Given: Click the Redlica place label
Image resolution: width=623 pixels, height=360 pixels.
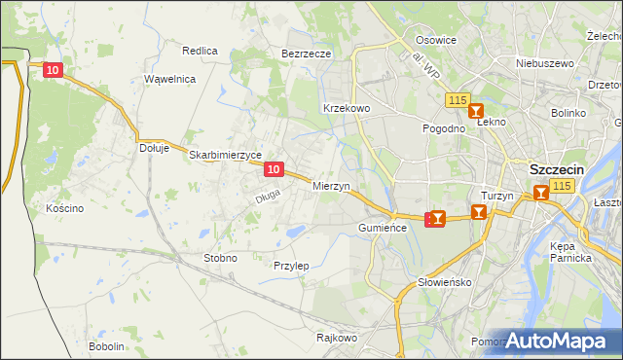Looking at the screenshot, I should (200, 50).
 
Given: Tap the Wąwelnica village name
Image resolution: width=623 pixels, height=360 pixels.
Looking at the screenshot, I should (170, 79).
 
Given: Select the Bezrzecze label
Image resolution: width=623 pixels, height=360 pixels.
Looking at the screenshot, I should (307, 54).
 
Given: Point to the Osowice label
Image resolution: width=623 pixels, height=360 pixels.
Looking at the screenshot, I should (436, 40).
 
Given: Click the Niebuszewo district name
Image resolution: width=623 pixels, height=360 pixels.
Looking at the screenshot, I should (545, 63).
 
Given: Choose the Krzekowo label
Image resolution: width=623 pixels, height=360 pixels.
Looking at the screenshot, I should (346, 108).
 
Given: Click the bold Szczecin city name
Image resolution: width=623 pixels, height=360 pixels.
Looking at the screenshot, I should (557, 168).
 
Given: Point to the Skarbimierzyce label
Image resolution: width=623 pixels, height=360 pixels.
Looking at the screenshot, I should (225, 155).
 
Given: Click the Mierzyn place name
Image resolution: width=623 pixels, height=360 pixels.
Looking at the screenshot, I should (331, 185).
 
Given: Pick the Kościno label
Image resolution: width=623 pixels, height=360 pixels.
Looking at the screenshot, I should (64, 208).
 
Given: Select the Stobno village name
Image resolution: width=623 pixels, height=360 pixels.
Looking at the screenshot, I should (219, 258).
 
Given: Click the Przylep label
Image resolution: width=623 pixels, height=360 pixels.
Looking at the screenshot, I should (291, 266).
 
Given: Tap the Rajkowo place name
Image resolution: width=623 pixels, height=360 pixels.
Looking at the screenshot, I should (337, 338).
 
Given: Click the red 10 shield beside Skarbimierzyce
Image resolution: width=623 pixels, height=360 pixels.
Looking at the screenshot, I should (274, 170).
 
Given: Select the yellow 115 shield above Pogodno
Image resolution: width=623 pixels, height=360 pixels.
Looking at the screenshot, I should (458, 100).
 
